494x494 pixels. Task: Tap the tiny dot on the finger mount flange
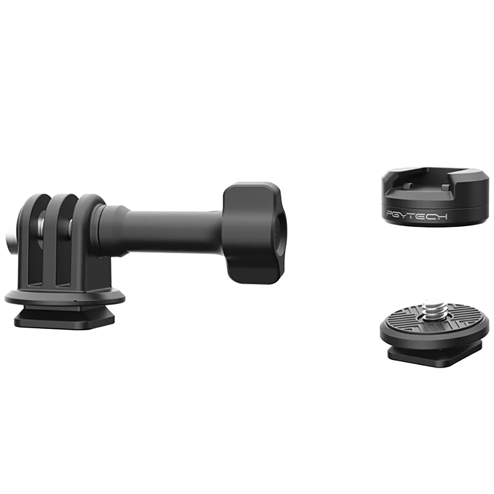point(75,301)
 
